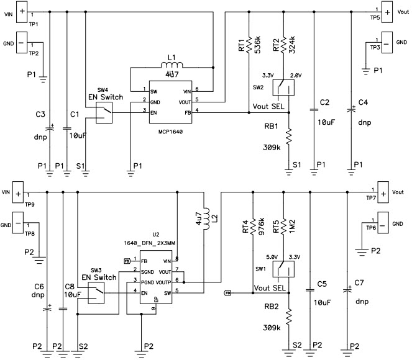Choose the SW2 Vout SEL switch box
(283, 88)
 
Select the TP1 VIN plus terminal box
(22, 11)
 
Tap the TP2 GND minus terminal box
(22, 43)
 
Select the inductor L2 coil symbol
(206, 217)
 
